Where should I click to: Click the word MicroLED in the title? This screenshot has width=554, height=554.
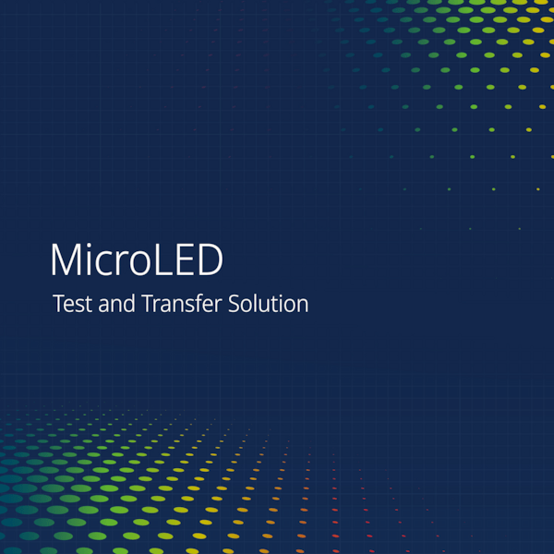tap(137, 260)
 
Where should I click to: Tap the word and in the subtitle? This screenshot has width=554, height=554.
tap(115, 303)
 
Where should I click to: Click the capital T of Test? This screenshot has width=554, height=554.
tap(60, 303)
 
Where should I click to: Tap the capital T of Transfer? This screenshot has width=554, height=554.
tap(146, 303)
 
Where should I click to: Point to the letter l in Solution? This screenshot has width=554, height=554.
tap(263, 302)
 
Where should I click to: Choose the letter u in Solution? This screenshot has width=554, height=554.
tap(273, 306)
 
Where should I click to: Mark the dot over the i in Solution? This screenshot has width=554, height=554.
tap(289, 295)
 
